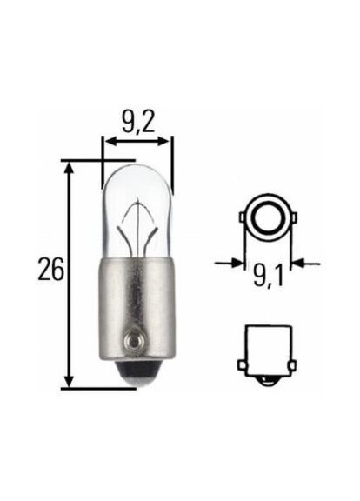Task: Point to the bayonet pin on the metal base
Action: [133, 338]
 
